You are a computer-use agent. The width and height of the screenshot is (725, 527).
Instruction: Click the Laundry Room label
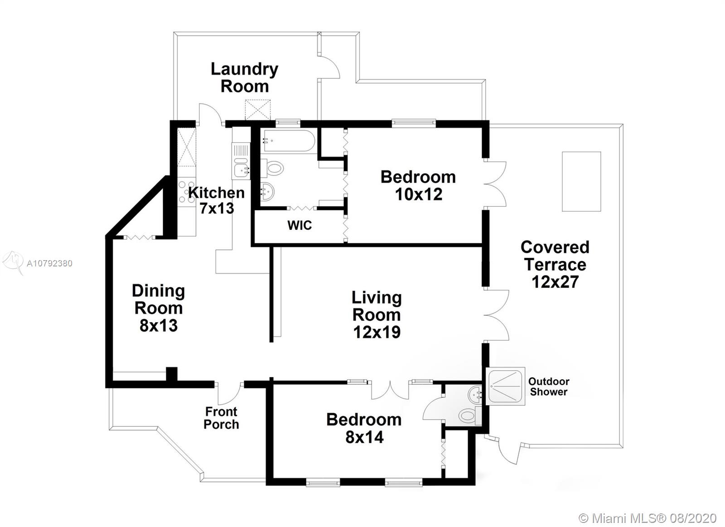(x=244, y=77)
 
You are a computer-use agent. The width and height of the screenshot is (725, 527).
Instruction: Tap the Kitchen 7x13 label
(x=216, y=200)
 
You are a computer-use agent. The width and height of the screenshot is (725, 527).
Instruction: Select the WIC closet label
(x=300, y=225)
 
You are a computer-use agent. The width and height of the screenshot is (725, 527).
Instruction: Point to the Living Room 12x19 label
(x=377, y=314)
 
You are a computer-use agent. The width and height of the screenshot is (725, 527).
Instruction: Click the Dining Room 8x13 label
(x=159, y=308)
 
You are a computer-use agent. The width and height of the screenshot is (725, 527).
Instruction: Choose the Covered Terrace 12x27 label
(x=555, y=264)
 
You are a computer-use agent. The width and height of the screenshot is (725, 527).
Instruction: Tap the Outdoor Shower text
(x=549, y=387)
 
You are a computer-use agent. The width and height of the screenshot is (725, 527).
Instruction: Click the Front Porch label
(x=222, y=418)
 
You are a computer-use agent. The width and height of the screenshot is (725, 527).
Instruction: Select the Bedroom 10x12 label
(x=418, y=185)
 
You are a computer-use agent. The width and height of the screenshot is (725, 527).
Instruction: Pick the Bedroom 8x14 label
(x=364, y=428)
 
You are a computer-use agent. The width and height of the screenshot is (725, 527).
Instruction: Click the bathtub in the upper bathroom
(x=289, y=141)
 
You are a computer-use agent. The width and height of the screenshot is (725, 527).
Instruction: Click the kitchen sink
(x=241, y=169)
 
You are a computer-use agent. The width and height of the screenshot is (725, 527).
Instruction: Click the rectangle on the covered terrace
(x=581, y=182)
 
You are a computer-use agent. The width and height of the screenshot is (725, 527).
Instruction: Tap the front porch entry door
(x=229, y=394)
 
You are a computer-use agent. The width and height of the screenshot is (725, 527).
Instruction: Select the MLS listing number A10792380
(x=49, y=264)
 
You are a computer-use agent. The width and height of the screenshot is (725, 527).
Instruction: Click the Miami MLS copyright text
(x=648, y=518)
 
